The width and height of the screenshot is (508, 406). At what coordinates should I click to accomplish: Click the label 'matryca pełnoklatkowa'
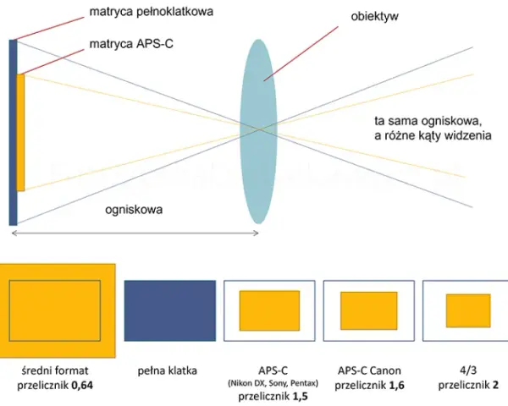coord(152,12)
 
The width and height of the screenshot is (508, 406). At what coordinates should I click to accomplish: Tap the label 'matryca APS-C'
coord(131,44)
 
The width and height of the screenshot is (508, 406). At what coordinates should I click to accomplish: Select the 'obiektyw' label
coord(374,17)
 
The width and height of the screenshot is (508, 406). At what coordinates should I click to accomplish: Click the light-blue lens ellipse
coord(258,131)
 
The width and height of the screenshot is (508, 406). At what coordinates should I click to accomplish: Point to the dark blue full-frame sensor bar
coord(12,133)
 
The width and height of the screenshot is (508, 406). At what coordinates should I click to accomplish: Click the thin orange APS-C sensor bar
coord(20,133)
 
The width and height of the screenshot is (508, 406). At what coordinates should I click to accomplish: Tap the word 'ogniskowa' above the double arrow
coord(134,210)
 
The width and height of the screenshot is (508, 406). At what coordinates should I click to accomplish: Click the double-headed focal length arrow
coord(135,233)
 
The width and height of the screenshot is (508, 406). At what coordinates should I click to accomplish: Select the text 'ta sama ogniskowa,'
coord(427,121)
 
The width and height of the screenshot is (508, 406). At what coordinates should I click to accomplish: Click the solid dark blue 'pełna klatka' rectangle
coord(170,310)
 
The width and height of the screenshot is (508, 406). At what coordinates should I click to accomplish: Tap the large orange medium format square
coord(58,310)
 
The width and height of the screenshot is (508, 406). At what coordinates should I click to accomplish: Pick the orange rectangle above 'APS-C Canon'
coord(368,310)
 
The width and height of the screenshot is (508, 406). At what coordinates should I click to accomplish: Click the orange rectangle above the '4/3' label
coord(468,310)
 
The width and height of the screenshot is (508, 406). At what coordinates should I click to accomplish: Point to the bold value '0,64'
coord(82,386)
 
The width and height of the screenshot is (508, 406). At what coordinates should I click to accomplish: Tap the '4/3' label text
coord(468,370)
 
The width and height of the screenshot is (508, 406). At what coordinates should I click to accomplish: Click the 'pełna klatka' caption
coord(167,370)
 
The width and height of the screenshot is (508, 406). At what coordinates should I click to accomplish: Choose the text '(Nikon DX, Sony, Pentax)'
coord(273,384)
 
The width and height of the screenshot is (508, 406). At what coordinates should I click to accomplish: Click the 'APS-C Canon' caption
coord(369,370)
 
